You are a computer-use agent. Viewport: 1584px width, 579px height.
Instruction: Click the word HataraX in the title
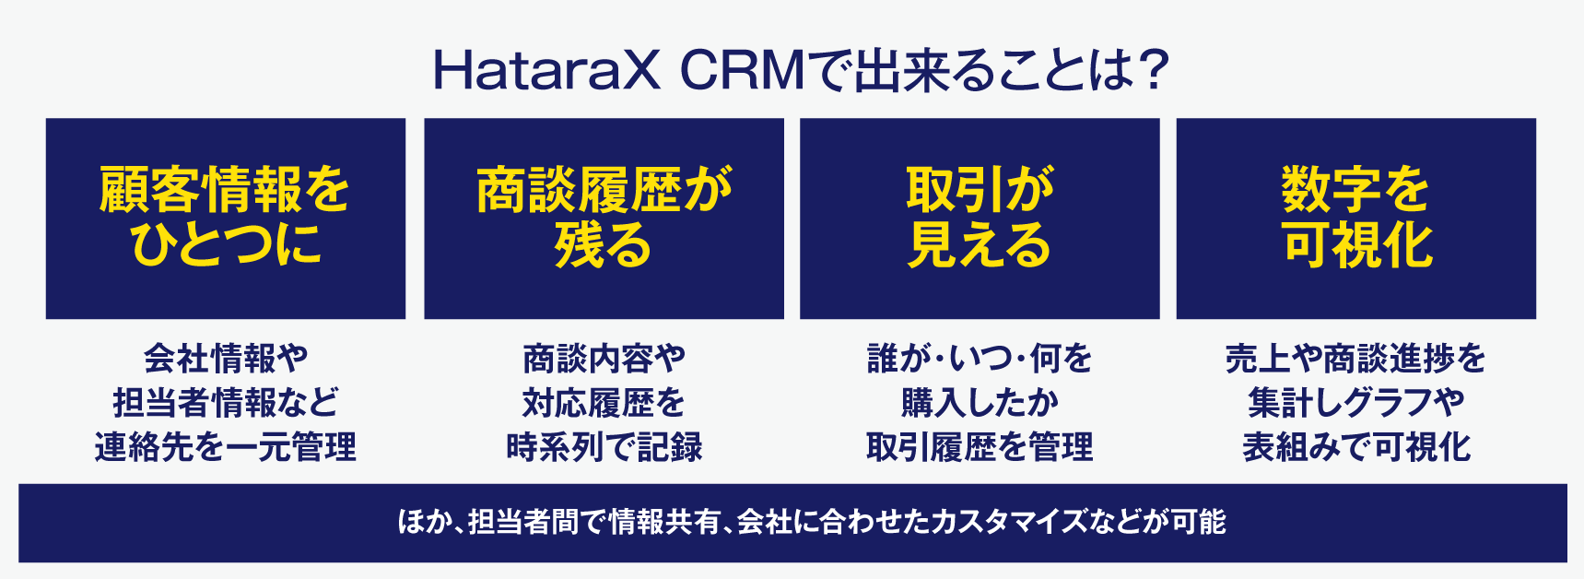[x=547, y=71]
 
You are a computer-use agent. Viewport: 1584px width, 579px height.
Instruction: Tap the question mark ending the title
[x=1151, y=70]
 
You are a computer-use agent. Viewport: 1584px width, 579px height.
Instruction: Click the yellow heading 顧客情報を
[x=225, y=189]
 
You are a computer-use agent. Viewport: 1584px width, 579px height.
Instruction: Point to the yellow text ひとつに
[x=226, y=244]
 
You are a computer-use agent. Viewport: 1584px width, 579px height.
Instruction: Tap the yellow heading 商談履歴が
[x=604, y=189]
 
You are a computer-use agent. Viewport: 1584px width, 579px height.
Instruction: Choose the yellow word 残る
[x=604, y=244]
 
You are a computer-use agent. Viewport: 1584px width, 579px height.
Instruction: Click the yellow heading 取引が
[x=980, y=189]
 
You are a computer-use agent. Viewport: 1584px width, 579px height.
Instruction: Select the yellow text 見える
[x=980, y=244]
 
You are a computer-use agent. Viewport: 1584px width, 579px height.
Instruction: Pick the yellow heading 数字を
[x=1355, y=189]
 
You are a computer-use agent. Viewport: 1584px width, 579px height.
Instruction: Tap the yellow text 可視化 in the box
[x=1357, y=244]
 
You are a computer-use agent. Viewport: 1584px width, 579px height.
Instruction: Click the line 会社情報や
[x=226, y=358]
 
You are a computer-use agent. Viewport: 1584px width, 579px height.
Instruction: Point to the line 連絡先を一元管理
[x=226, y=447]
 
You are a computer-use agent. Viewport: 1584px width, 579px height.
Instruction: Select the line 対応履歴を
[x=604, y=403]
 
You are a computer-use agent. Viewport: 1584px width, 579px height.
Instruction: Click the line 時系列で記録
[x=604, y=447]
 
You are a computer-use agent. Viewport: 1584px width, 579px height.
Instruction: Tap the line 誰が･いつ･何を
[x=980, y=358]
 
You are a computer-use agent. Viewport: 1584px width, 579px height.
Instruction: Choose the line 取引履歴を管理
[x=980, y=447]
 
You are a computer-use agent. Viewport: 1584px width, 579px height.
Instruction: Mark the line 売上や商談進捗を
[x=1355, y=358]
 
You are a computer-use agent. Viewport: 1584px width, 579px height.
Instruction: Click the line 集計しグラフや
[x=1355, y=403]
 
